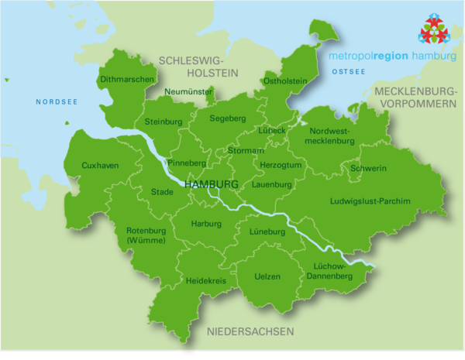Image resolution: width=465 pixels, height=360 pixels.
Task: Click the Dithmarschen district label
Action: pyautogui.click(x=127, y=79)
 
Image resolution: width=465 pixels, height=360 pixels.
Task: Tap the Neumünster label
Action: pyautogui.click(x=189, y=91)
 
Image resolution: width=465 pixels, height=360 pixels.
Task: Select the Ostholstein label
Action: pyautogui.click(x=285, y=81)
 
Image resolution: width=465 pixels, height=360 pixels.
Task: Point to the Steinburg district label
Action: pyautogui.click(x=164, y=122)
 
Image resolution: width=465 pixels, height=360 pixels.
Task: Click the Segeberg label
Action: pyautogui.click(x=227, y=118)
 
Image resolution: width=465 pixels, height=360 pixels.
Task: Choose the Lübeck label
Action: pyautogui.click(x=272, y=131)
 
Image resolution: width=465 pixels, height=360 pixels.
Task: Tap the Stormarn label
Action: pyautogui.click(x=246, y=149)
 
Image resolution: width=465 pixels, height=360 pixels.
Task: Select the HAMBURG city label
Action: pyautogui.click(x=211, y=184)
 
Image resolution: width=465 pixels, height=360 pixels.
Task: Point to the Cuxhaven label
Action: pyautogui.click(x=101, y=166)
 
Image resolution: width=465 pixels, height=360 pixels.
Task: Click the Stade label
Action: pyautogui.click(x=163, y=192)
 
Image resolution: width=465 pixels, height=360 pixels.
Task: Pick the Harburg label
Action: pyautogui.click(x=206, y=225)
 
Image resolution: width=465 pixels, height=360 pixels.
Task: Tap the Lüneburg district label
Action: pyautogui.click(x=267, y=231)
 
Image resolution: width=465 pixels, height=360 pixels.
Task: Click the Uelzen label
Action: pyautogui.click(x=267, y=276)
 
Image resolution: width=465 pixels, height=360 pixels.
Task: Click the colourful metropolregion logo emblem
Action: pyautogui.click(x=434, y=29)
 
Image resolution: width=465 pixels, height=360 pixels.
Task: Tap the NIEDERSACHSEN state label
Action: pyautogui.click(x=250, y=331)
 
